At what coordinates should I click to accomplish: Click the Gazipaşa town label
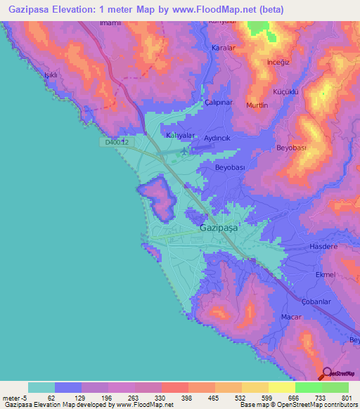[219, 228]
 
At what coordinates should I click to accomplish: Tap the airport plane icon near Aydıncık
[184, 150]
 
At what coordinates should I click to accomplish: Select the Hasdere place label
[324, 247]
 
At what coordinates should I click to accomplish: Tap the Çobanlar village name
[316, 301]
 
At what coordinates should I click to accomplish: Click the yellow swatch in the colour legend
[281, 387]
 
